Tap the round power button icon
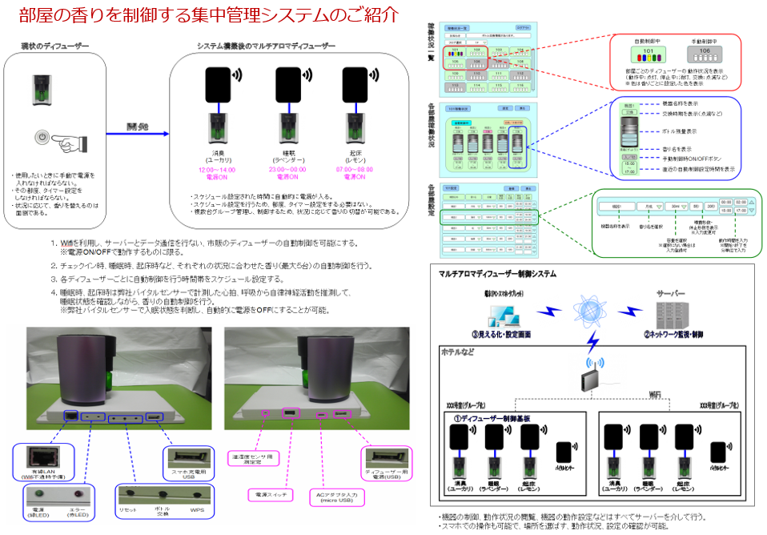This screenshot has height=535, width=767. (42, 139)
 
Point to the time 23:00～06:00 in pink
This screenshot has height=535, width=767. (287, 171)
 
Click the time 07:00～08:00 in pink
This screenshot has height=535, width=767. (354, 171)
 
